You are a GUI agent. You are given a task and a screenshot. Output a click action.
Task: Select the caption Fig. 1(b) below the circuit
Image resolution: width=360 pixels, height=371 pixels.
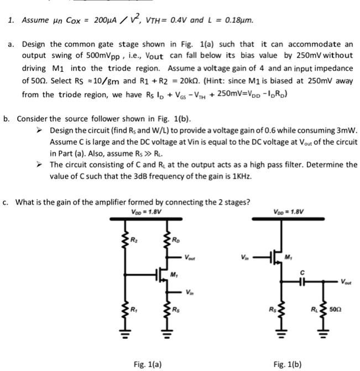pos(288,364)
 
